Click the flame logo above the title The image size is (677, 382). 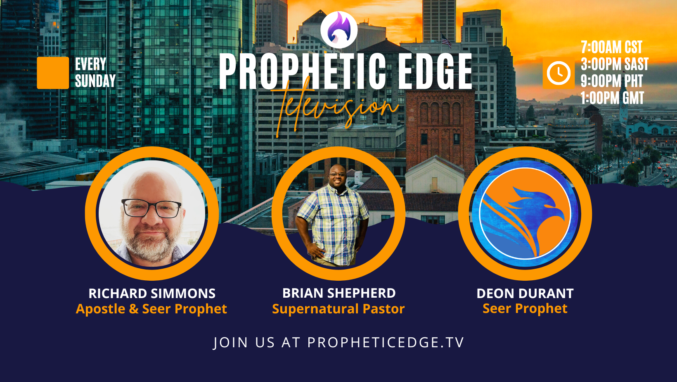(x=339, y=29)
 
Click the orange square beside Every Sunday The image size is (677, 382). (x=53, y=73)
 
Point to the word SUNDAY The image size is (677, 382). (x=95, y=81)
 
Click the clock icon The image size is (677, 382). (x=558, y=73)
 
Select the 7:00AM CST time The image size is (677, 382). (x=611, y=47)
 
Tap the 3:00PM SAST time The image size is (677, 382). (x=615, y=64)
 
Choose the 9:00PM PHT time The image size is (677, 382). (x=612, y=81)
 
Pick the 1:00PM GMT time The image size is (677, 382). (x=612, y=98)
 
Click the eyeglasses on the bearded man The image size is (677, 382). (x=151, y=208)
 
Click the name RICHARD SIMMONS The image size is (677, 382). (x=152, y=294)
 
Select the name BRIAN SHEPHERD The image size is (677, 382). (x=339, y=293)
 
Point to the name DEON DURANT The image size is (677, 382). (x=525, y=294)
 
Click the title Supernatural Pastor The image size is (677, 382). (x=338, y=309)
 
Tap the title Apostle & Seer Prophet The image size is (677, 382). (x=151, y=309)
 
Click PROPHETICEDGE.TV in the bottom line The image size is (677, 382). (x=386, y=342)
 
